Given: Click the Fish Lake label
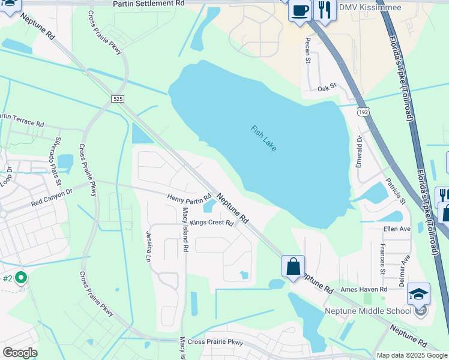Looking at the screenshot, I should tap(264, 138).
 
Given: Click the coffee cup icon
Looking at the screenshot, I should tap(300, 10).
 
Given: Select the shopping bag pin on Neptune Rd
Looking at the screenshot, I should tap(293, 266).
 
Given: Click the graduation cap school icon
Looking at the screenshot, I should tap(418, 294).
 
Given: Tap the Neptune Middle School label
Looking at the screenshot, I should tap(368, 311).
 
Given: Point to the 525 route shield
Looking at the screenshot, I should tap(118, 98).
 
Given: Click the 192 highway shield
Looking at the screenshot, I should tap(363, 112).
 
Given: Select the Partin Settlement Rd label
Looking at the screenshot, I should tap(149, 4).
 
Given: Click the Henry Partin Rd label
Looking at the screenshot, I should tap(189, 197).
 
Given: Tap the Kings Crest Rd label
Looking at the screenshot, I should tap(211, 223).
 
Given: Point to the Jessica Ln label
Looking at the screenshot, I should tap(148, 247).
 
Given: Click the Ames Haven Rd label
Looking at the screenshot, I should tap(364, 289).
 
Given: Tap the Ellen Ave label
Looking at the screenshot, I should tap(397, 229).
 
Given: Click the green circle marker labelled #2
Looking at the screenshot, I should tap(21, 277).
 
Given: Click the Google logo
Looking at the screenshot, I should tap(20, 353).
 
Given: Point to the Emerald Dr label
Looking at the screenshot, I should tap(360, 151).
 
